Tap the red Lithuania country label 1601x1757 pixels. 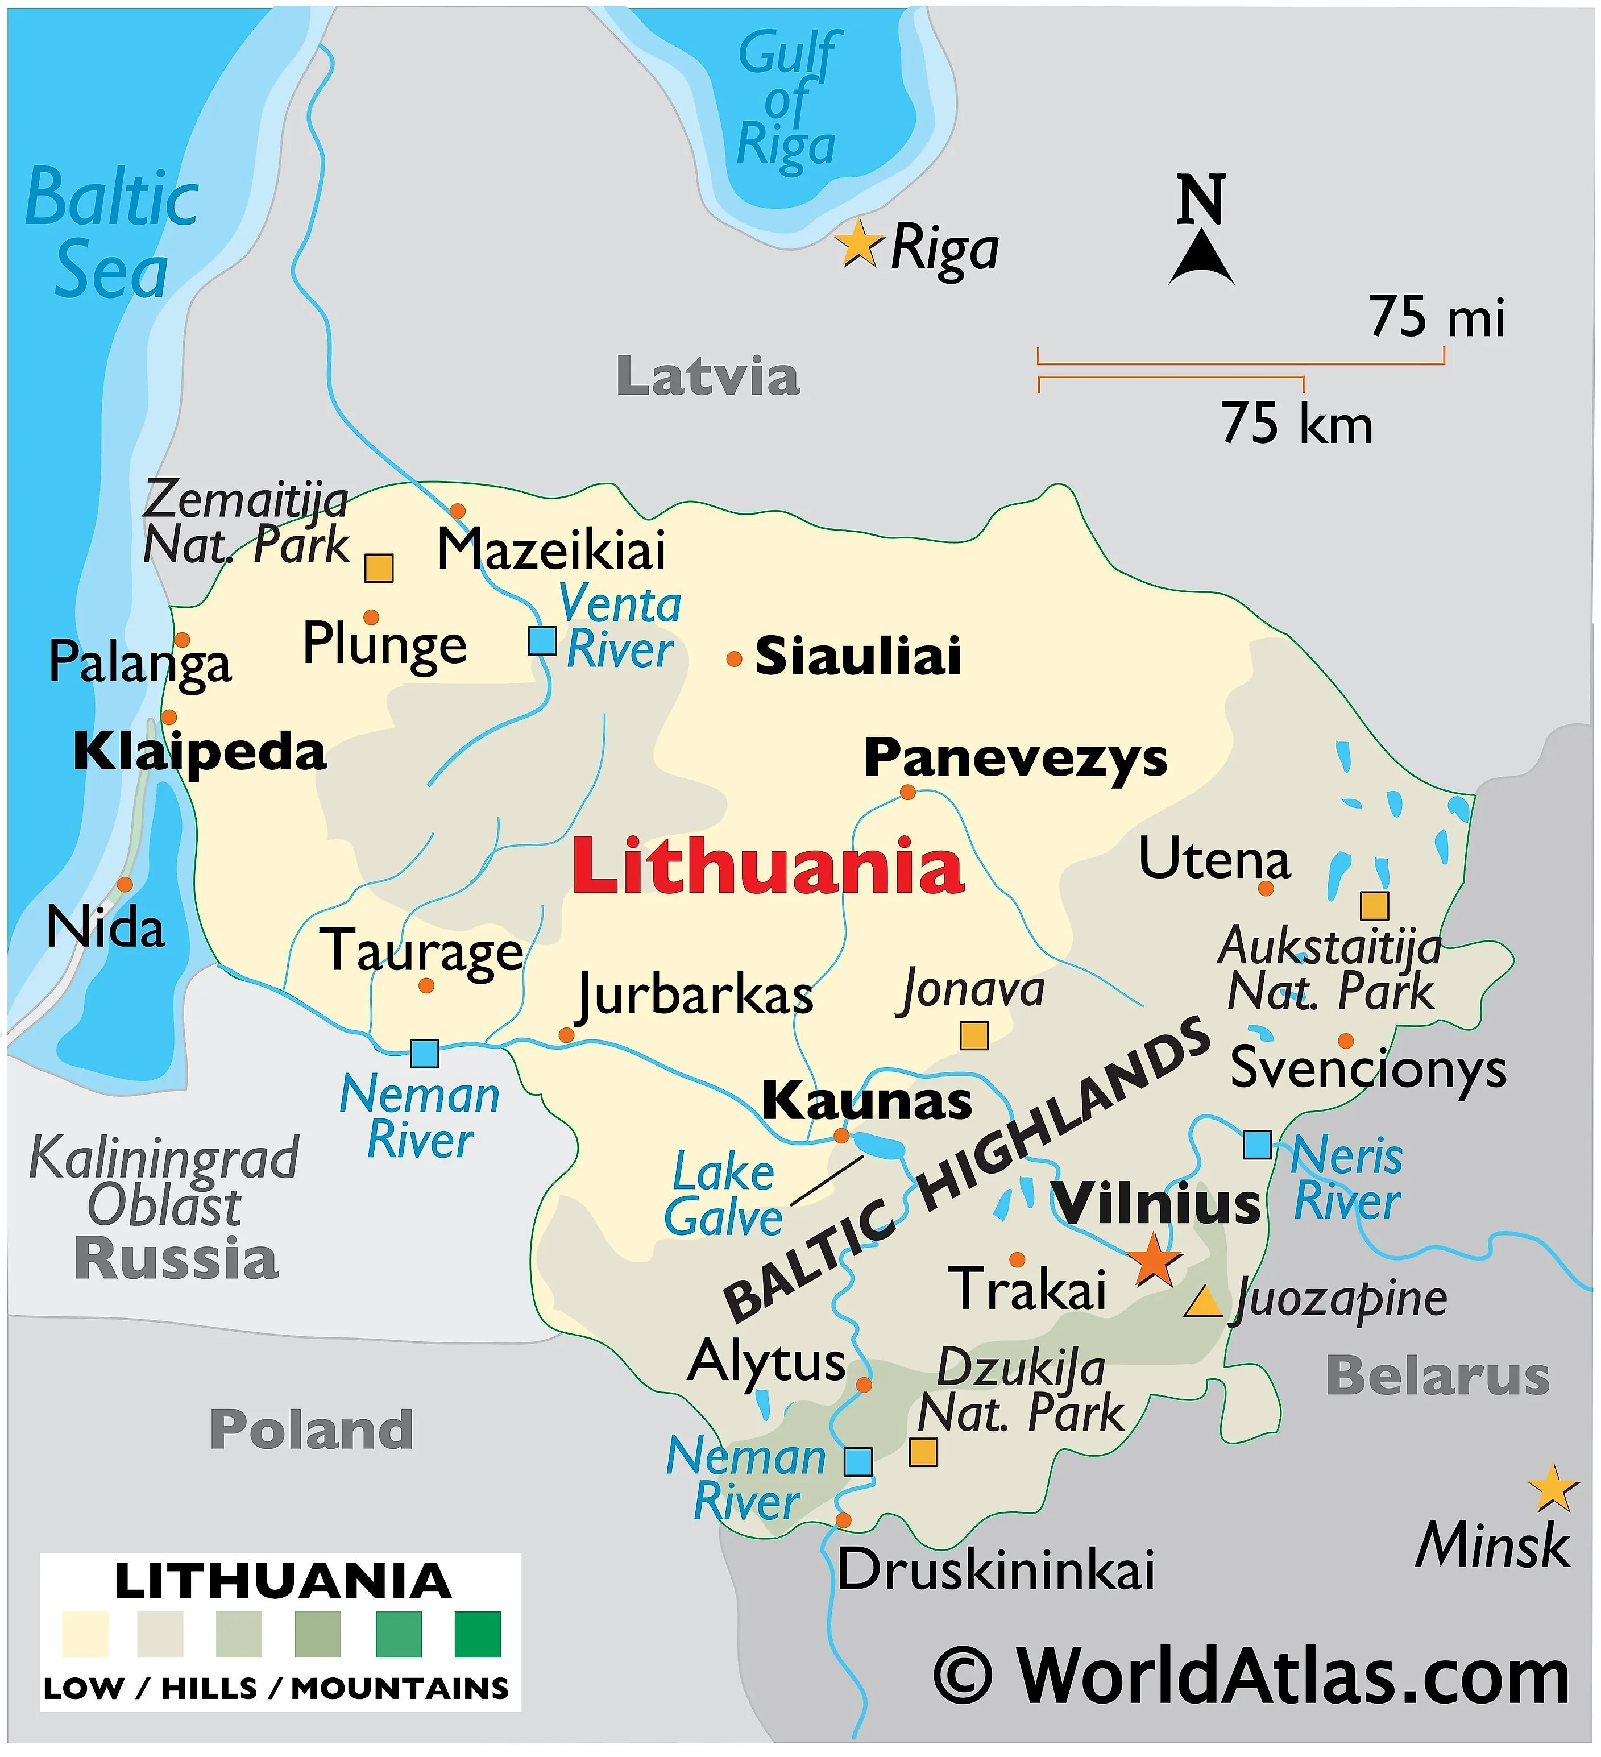[768, 867]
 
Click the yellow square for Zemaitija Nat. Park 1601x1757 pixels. [378, 568]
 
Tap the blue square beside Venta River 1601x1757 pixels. [542, 641]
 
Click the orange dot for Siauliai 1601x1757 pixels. [734, 659]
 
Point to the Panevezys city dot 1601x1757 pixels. [907, 792]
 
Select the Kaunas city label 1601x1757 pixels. [866, 1101]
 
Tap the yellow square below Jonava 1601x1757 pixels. [973, 1035]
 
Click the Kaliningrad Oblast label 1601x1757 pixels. [164, 1182]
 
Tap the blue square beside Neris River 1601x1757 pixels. [1256, 1144]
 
